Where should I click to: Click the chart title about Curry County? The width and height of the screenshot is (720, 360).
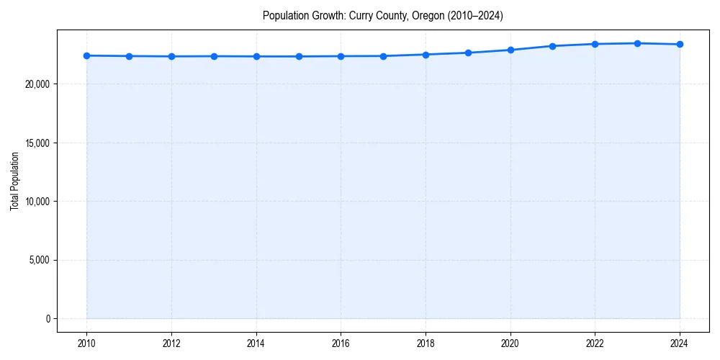(x=382, y=15)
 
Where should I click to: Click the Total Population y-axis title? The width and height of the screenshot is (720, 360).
(x=14, y=181)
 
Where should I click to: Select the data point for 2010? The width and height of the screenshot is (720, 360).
(x=86, y=55)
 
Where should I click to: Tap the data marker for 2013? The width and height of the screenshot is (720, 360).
(x=214, y=56)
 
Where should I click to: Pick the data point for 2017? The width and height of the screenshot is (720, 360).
(x=383, y=56)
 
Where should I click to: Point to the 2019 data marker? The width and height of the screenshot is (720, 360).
(x=468, y=53)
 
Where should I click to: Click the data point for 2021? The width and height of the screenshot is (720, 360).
(x=552, y=46)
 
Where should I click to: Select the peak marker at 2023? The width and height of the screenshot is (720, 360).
(x=637, y=43)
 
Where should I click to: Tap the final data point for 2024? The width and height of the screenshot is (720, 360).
(x=680, y=45)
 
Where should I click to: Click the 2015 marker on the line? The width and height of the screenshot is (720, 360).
(x=299, y=56)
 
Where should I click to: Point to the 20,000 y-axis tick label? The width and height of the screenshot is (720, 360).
(x=37, y=84)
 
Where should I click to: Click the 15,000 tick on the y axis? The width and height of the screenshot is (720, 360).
(x=37, y=143)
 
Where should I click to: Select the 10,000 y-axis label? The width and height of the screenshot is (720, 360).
(x=37, y=202)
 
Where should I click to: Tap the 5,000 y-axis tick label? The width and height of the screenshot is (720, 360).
(x=40, y=260)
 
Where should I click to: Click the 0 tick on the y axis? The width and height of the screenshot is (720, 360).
(x=48, y=319)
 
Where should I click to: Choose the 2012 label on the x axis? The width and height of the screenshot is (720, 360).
(x=171, y=343)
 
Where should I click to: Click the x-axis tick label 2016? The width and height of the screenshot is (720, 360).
(x=341, y=343)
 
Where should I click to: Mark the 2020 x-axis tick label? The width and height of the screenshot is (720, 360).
(x=510, y=343)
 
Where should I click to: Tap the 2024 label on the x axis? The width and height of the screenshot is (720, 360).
(x=680, y=343)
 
